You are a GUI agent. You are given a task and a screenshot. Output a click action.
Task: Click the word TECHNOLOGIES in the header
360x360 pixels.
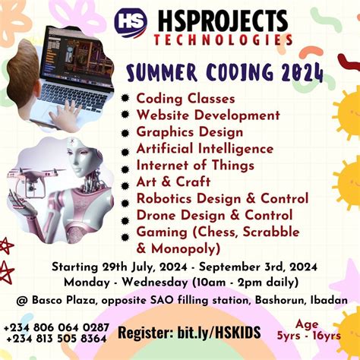(223, 39)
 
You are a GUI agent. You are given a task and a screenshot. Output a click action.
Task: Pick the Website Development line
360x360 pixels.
(208, 115)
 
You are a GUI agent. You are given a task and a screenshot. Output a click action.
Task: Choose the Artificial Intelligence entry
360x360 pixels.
(204, 148)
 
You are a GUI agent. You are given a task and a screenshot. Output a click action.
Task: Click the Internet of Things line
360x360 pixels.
(194, 165)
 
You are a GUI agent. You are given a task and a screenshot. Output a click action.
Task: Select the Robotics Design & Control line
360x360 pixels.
(222, 198)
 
